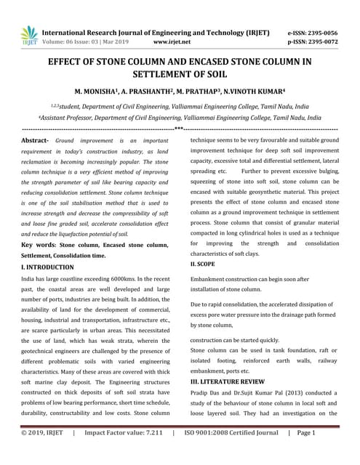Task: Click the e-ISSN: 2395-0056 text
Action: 313,33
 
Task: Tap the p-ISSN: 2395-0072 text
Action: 313,42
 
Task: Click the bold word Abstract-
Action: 36,138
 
